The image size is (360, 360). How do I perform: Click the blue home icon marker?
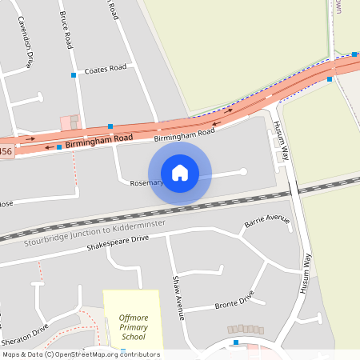(x=180, y=173)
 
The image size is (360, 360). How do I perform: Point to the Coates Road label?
(x=106, y=69)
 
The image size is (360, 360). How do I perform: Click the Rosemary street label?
(x=146, y=183)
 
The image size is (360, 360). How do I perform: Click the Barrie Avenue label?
(x=266, y=220)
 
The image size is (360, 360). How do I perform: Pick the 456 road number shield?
(x=6, y=151)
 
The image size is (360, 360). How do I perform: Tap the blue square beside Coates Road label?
(x=74, y=74)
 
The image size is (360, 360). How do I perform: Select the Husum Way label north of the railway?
(x=281, y=139)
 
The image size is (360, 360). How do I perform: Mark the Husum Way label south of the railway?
(x=305, y=272)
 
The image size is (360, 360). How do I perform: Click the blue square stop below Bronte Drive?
(x=236, y=343)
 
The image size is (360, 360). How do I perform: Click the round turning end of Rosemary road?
(x=243, y=171)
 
